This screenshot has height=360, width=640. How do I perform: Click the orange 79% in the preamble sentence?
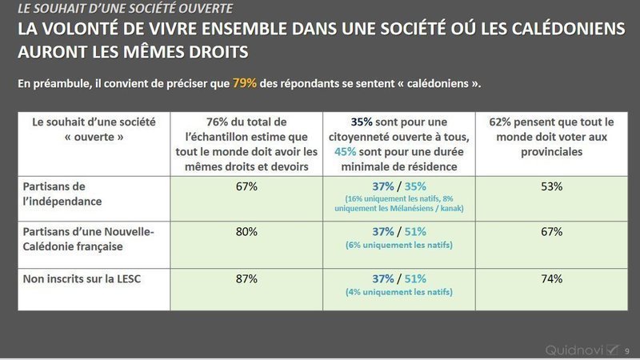(245, 83)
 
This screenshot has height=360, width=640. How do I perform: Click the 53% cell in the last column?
(551, 186)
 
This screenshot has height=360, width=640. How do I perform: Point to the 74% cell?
(551, 278)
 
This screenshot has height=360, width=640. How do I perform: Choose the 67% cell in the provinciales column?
(551, 232)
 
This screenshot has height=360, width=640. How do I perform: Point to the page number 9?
(626, 350)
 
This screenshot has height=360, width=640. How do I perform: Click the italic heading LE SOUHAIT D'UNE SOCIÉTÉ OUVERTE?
(128, 10)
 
